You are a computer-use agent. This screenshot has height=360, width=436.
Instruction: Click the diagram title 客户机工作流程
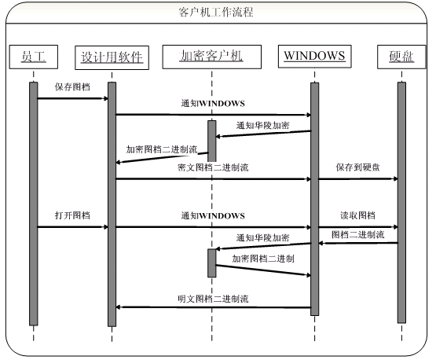216,13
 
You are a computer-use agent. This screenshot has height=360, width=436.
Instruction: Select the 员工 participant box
34,57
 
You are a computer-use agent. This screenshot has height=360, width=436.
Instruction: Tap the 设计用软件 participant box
112,57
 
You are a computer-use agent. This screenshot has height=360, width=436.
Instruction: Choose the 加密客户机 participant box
212,57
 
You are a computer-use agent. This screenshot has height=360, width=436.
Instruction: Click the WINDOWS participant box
315,56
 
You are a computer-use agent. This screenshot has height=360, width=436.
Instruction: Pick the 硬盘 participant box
401,57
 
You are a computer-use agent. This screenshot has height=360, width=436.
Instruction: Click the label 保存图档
72,86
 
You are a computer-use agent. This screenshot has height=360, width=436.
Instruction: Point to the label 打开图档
72,215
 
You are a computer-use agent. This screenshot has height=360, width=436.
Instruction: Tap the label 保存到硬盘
358,167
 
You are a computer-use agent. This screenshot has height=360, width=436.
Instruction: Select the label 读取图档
358,215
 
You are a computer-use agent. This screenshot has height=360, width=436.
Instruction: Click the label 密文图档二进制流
213,167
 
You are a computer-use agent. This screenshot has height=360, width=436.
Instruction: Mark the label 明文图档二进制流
213,299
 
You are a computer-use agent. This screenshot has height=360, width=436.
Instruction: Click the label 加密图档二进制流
162,149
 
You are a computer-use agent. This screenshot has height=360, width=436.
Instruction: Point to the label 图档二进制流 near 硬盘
358,234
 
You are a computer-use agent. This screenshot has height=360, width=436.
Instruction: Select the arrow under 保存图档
72,98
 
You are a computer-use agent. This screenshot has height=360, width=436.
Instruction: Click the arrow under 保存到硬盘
358,178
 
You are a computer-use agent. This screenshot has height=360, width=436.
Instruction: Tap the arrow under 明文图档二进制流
213,307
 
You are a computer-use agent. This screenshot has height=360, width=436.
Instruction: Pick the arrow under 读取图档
358,227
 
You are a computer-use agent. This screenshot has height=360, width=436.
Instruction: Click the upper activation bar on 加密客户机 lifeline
212,141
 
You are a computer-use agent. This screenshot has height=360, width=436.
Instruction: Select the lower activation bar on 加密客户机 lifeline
212,263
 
